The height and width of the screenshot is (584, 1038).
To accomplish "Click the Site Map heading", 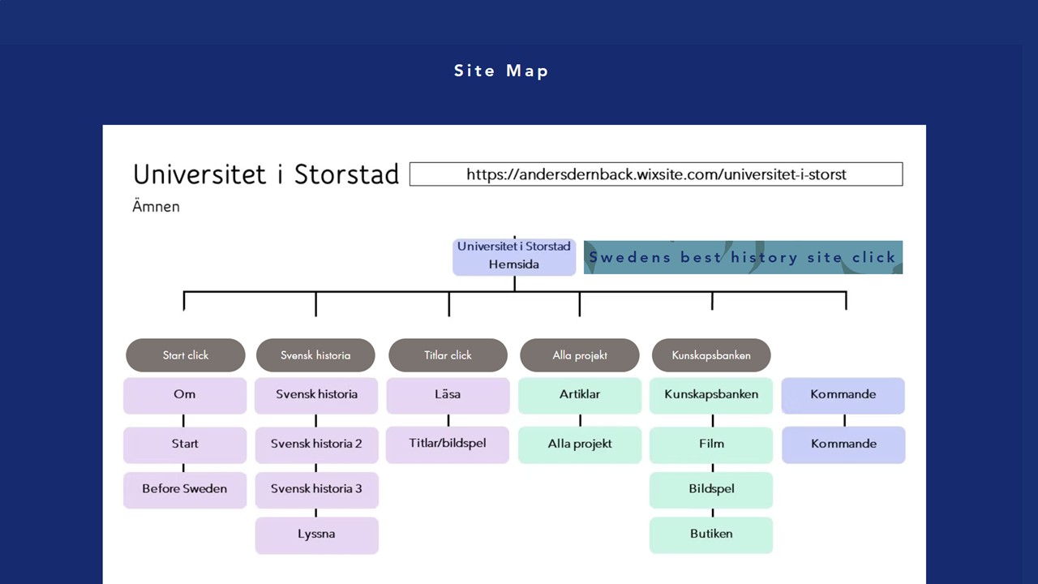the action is (x=501, y=71).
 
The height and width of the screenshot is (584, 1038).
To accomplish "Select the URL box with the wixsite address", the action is (x=656, y=174).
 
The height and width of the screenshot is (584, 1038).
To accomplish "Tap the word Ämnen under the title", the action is (x=157, y=206).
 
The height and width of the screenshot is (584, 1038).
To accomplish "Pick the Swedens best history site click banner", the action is (x=744, y=257).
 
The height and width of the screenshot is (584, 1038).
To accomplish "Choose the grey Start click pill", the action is (x=186, y=355).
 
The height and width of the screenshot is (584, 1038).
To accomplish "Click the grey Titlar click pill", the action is (x=448, y=355).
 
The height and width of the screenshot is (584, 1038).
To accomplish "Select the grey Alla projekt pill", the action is (x=580, y=355).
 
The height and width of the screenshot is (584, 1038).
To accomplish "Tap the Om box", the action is (x=185, y=395).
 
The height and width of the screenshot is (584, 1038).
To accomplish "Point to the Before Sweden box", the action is (x=185, y=490).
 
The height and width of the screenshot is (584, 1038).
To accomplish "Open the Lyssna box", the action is (x=316, y=535).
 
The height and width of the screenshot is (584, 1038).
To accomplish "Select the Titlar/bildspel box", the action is (x=448, y=444).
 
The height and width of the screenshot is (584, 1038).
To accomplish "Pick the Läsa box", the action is (x=448, y=395).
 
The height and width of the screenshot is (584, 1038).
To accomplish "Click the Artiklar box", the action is (x=580, y=395).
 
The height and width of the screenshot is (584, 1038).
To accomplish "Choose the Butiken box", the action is (x=711, y=535).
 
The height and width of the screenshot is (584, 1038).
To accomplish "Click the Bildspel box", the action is (x=711, y=490).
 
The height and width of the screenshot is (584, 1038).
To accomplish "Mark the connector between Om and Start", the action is (x=183, y=420).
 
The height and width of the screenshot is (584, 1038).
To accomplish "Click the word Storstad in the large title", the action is (x=346, y=174).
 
